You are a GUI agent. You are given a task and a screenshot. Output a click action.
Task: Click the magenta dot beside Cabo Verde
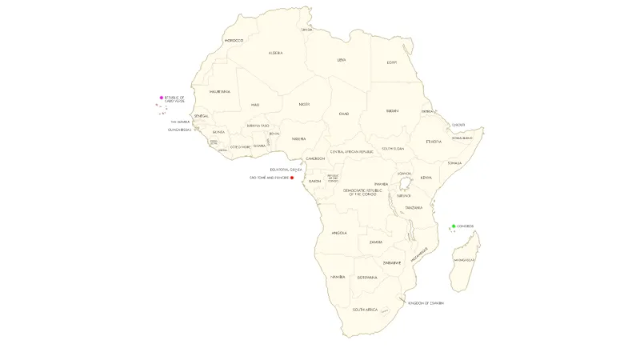tap(162, 98)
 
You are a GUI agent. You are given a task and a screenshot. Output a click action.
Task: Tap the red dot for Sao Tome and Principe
tap(292, 178)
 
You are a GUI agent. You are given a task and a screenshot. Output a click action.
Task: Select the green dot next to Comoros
tap(454, 226)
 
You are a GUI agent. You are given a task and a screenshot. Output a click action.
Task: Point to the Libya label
tap(342, 59)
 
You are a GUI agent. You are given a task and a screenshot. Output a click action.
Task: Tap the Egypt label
tap(392, 62)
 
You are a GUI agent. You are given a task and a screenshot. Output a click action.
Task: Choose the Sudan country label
tap(392, 110)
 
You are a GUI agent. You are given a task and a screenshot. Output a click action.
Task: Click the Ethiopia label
tap(434, 141)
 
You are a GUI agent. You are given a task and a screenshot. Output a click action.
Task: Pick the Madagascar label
tap(464, 260)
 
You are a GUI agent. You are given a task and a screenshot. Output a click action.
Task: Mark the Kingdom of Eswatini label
tap(426, 303)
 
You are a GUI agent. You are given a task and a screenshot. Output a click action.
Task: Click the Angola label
tap(338, 233)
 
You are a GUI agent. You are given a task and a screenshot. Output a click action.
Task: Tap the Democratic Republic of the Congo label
tap(359, 192)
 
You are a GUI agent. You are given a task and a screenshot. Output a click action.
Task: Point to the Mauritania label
tap(220, 91)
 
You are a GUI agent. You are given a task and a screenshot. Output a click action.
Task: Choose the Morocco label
tap(234, 40)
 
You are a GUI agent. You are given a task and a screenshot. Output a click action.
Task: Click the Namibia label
tap(337, 277)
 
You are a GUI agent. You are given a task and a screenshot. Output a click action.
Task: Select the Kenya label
tap(426, 177)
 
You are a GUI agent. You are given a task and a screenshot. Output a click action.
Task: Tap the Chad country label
tap(344, 114)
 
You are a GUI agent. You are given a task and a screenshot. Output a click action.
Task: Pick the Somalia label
tap(455, 162)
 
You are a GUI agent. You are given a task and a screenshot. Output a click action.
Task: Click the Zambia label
tap(376, 242)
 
